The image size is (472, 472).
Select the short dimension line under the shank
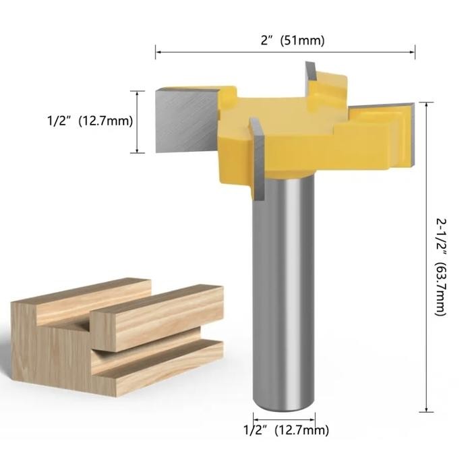(284, 418)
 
